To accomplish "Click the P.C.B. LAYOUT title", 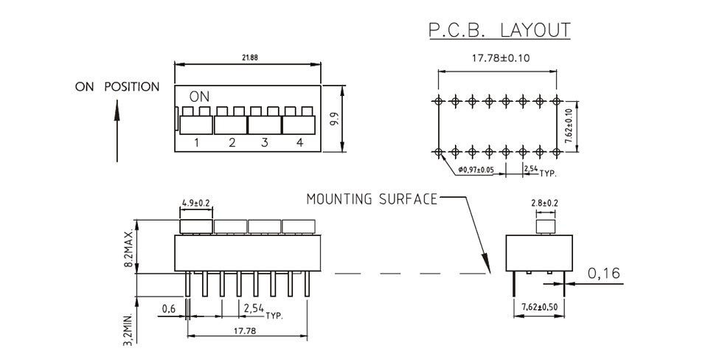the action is click(x=499, y=30).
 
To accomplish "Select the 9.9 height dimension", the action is click(x=333, y=120).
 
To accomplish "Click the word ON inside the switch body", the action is click(x=200, y=96).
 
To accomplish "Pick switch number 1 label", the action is click(x=197, y=142).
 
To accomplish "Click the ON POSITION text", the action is click(x=117, y=87).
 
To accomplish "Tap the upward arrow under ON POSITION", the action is click(x=117, y=131).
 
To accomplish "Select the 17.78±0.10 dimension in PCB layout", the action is click(x=501, y=58).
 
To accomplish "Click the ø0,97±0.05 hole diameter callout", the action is click(x=476, y=170).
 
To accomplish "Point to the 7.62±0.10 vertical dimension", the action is click(x=569, y=126).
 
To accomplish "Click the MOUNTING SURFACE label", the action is click(x=372, y=198).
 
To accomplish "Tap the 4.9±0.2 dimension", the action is click(x=196, y=203).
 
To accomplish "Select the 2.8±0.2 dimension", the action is click(x=544, y=203).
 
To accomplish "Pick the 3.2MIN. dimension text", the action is click(x=128, y=329).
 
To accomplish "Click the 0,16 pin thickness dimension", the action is click(x=604, y=273).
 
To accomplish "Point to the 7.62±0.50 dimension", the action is click(x=540, y=307).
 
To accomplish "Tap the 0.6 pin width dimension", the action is click(x=168, y=308).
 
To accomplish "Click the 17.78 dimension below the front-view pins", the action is click(x=245, y=330).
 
